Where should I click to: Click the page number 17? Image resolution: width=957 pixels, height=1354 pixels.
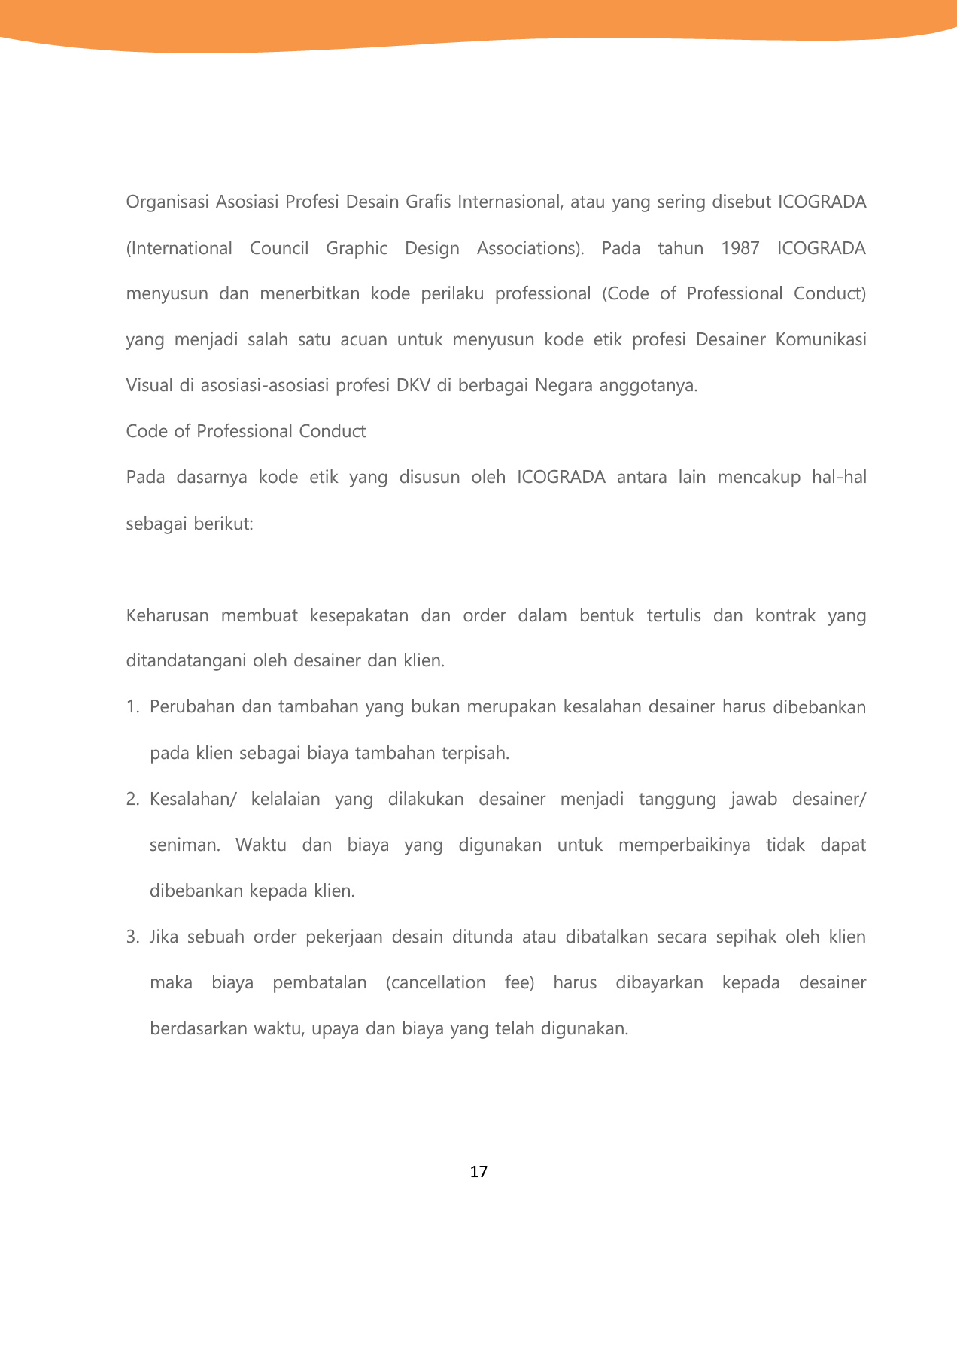(x=478, y=1172)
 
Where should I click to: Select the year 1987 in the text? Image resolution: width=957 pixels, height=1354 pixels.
(x=740, y=248)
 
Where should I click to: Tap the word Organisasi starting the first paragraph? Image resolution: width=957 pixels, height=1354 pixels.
(x=168, y=202)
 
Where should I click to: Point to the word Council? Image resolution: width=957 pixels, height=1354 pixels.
(x=279, y=248)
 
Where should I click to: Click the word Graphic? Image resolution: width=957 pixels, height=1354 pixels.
(x=357, y=248)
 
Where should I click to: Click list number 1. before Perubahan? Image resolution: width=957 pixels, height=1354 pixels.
(x=133, y=708)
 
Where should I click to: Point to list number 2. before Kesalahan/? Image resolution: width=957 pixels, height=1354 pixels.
(x=133, y=800)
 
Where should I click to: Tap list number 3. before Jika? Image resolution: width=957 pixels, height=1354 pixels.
(x=133, y=937)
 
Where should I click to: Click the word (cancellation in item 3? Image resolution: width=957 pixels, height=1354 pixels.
(x=436, y=983)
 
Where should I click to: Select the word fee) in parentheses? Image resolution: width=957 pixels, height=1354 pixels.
(x=519, y=983)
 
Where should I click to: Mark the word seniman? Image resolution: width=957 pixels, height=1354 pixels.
(x=184, y=845)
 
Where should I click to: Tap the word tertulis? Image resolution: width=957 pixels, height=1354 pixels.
(x=673, y=616)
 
